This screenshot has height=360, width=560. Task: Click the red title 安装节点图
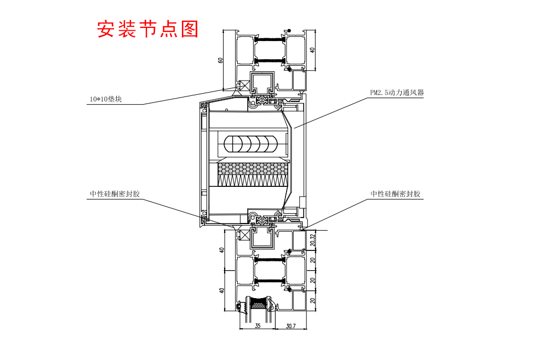tap(147, 29)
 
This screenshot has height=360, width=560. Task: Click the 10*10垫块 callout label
tap(105, 99)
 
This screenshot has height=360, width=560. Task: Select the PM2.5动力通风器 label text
tap(397, 93)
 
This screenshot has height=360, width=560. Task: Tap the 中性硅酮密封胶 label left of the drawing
tap(115, 194)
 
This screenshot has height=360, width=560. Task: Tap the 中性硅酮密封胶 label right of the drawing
tap(396, 194)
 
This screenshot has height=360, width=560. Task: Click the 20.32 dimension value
tap(312, 239)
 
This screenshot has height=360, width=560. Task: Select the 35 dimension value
tap(258, 325)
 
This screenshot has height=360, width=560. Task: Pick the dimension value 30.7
tap(290, 325)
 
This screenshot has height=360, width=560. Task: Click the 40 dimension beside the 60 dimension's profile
tap(312, 50)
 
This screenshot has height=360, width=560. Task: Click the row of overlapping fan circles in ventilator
tap(250, 144)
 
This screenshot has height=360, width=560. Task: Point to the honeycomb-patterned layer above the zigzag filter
tap(253, 166)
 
